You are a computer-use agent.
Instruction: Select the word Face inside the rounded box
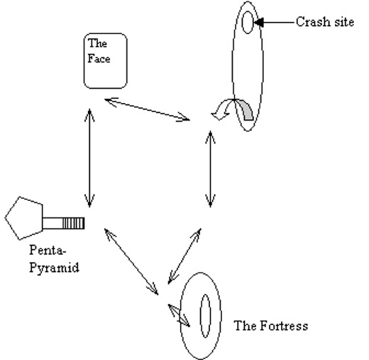(x=99, y=59)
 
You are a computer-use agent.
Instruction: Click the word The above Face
(x=97, y=43)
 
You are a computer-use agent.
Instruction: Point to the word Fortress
(x=284, y=325)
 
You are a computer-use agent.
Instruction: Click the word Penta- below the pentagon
(x=48, y=250)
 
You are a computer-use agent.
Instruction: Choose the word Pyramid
(x=54, y=268)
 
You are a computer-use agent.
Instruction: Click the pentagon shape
(x=24, y=218)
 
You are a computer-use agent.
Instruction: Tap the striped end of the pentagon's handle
(x=73, y=223)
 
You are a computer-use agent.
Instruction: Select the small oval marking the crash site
(x=248, y=22)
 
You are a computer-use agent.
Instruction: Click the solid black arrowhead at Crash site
(x=258, y=23)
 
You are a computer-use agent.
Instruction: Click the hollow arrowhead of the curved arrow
(x=220, y=116)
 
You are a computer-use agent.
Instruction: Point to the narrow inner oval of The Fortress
(x=205, y=316)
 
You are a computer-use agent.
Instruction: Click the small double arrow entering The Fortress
(x=179, y=315)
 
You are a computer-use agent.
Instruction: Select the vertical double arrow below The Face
(x=89, y=158)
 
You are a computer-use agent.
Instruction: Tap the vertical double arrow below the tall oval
(x=210, y=168)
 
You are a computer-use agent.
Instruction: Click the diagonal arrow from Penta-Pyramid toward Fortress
(x=131, y=262)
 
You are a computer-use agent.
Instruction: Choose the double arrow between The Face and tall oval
(x=148, y=110)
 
